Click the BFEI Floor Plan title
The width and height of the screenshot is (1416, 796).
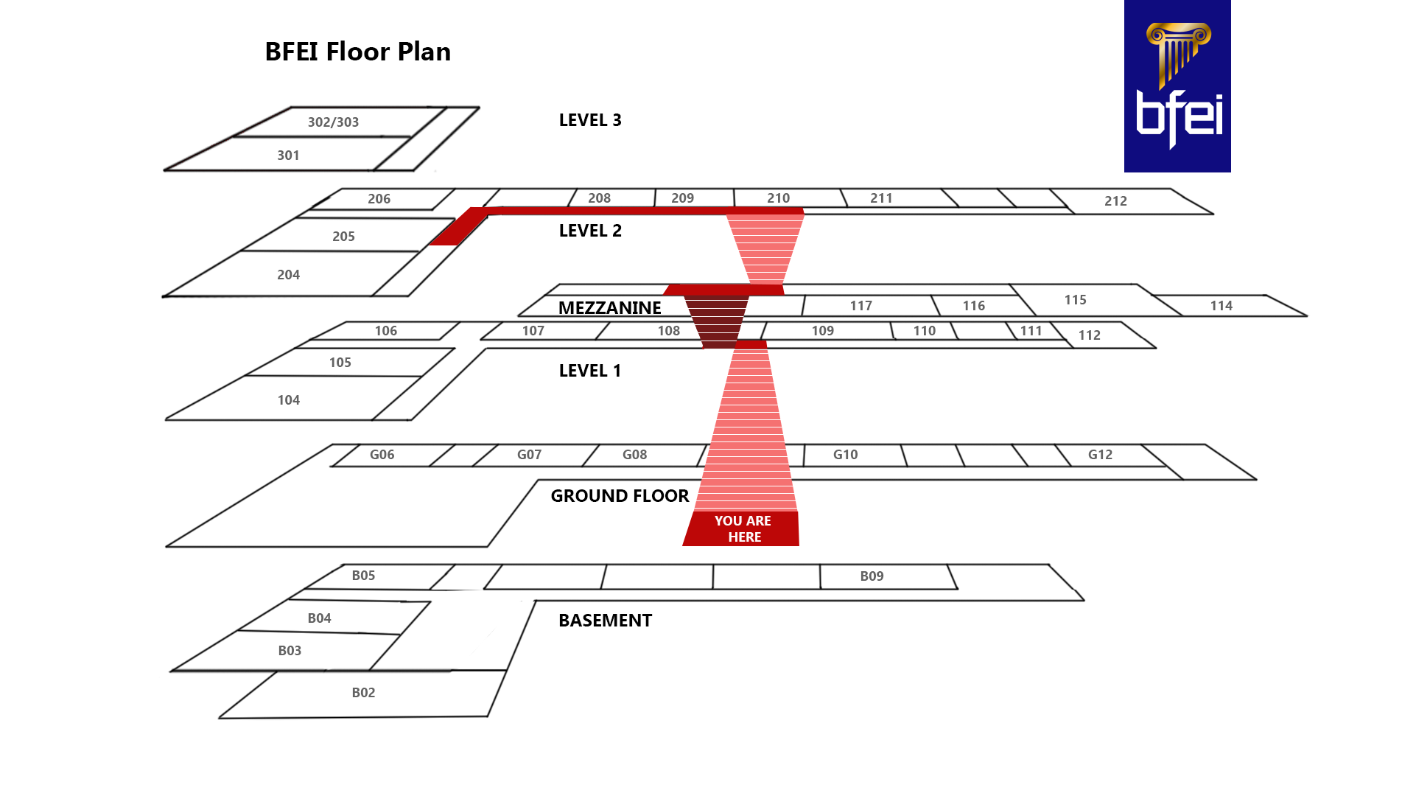point(357,52)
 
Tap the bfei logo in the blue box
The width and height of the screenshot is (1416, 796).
point(1177,86)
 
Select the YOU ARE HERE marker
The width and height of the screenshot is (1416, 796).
point(742,528)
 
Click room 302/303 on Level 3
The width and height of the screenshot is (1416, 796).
point(333,122)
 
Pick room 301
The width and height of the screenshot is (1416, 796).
point(288,156)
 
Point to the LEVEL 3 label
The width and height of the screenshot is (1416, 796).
point(589,120)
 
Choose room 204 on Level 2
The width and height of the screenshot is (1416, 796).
point(288,275)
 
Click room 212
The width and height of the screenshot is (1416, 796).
point(1115,201)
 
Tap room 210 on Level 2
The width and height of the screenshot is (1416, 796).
point(778,198)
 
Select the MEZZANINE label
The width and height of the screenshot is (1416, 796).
point(609,307)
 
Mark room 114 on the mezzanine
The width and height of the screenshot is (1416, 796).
point(1220,306)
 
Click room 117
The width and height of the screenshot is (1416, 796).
point(861,306)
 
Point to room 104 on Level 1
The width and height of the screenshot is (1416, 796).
point(288,400)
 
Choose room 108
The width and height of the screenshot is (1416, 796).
point(668,331)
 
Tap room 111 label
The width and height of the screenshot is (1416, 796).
point(1031,331)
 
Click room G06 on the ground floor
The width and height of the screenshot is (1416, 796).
point(382,455)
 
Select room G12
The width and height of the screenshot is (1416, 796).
point(1099,455)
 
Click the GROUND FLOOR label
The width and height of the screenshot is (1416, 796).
point(619,496)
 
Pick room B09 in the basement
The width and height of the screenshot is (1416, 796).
point(872,576)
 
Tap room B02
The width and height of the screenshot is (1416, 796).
point(363,693)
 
